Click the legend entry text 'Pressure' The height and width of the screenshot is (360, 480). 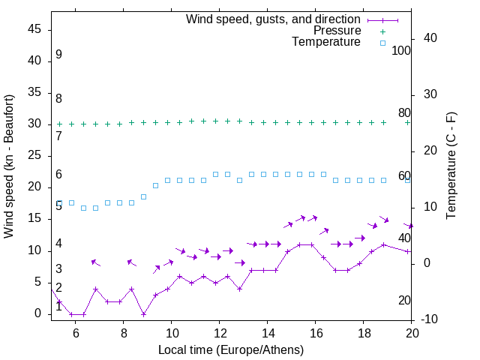337,31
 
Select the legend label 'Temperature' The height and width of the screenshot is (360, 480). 326,43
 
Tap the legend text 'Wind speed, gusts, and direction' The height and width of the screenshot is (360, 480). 274,19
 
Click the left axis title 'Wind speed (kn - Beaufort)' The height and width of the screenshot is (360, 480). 9,166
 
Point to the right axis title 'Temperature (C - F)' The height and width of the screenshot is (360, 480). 451,166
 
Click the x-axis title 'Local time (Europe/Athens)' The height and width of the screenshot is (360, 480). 232,349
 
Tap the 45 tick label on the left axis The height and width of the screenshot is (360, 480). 34,29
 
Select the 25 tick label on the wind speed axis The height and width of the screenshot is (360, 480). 34,155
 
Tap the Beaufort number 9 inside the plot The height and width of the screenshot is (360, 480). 58,55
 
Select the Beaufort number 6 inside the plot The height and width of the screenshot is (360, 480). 58,175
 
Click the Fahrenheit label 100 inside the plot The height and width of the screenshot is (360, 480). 401,51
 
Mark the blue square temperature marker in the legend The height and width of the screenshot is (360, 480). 382,43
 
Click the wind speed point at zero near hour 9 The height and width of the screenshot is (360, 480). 143,314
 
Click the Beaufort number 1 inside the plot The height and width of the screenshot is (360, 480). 58,307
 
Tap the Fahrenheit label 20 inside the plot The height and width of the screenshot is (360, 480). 404,301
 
